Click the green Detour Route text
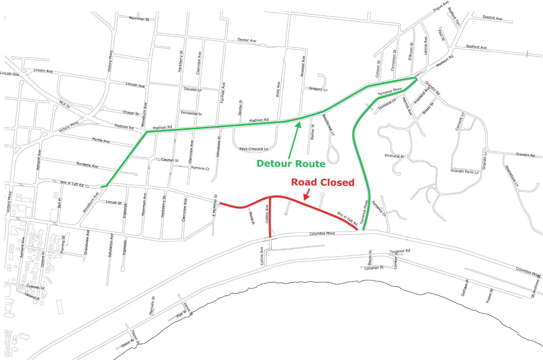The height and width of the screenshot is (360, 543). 291,164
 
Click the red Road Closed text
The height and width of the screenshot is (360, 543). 322,183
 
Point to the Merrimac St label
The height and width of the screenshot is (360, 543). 139,19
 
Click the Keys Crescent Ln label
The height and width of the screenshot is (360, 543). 254,149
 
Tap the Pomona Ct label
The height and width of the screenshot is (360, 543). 200,168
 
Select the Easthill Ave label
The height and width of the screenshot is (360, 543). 492,18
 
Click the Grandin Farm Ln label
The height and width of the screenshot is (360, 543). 464,172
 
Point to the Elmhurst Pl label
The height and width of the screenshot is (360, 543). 394,156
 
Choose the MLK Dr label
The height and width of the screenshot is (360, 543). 64,104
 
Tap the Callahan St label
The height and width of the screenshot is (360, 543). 374,268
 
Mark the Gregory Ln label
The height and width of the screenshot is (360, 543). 318,89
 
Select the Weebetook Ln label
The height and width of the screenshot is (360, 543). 512,176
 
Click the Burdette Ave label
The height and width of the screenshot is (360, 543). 87,165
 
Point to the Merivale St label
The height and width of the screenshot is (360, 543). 152,306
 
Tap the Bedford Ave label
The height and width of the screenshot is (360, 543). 477,47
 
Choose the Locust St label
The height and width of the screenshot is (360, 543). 113,202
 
